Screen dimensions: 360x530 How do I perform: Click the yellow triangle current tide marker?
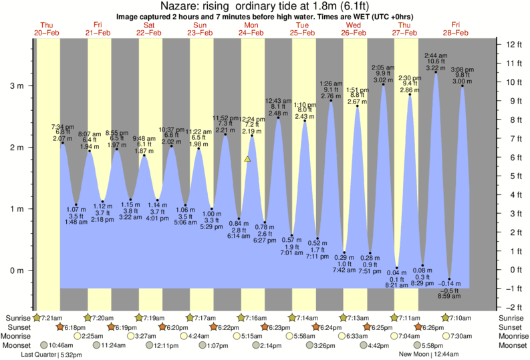coord(247,159)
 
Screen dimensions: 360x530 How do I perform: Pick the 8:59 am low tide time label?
coord(449,297)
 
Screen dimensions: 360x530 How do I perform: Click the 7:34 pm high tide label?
coord(63,126)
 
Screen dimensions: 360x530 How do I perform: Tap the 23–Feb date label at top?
coord(201,32)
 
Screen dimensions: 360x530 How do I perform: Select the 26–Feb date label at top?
coord(354,32)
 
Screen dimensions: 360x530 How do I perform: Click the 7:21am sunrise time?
coord(52,318)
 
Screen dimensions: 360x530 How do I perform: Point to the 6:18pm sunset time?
coord(78,327)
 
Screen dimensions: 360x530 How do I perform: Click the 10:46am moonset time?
coord(61,346)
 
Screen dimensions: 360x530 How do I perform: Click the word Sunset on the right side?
coord(510,327)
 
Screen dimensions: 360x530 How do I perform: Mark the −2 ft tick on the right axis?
coord(513,307)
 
